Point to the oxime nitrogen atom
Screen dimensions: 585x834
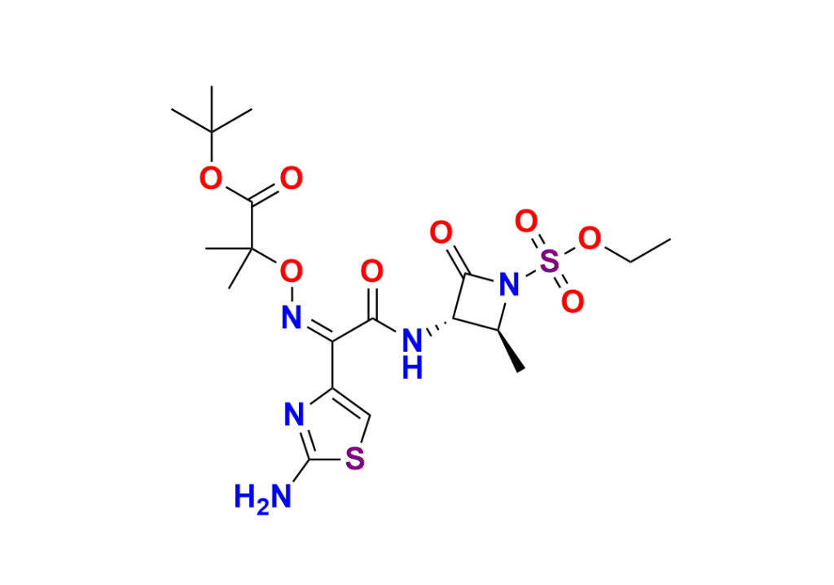pyautogui.click(x=290, y=314)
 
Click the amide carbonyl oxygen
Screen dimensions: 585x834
pyautogui.click(x=372, y=270)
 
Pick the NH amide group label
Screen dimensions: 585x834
pyautogui.click(x=413, y=345)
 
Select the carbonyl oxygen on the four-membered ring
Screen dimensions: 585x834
pyautogui.click(x=441, y=234)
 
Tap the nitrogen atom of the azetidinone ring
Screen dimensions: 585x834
pyautogui.click(x=509, y=284)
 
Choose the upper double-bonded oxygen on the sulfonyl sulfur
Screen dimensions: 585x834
pyautogui.click(x=528, y=221)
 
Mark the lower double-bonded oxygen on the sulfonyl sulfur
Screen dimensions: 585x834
pyautogui.click(x=573, y=301)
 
